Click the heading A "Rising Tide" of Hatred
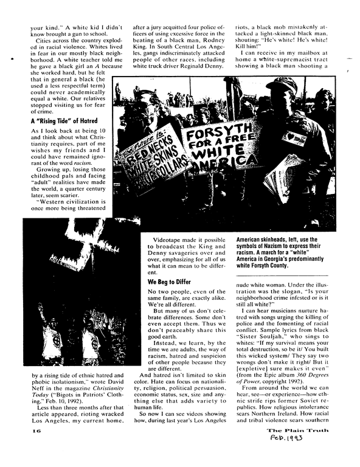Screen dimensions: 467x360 tap(64, 120)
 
